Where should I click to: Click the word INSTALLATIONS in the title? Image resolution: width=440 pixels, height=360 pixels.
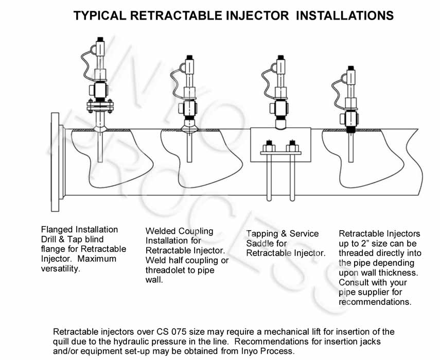345,15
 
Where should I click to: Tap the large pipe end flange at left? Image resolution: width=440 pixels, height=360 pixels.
55,162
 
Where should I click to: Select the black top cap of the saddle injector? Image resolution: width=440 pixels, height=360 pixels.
280,57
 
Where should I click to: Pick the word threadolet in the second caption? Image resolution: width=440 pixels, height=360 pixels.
165,270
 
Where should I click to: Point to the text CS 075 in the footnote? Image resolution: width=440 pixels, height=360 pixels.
171,332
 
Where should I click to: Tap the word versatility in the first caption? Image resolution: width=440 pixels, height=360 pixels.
60,269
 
